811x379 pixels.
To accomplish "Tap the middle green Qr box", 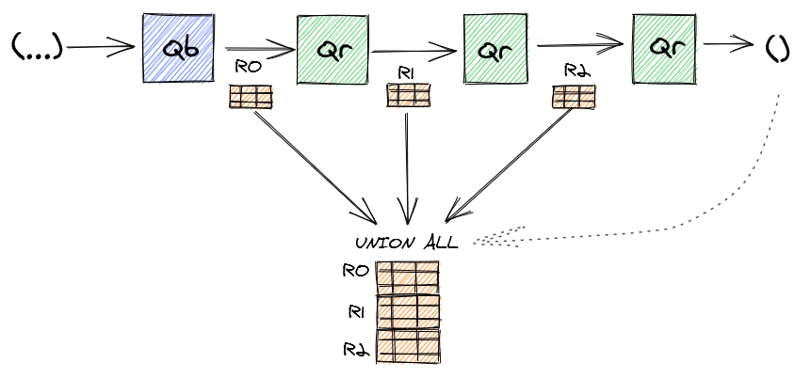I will (x=496, y=50).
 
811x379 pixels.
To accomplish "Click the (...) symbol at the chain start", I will (x=37, y=46).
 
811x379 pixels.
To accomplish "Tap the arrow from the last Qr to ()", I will (x=729, y=43).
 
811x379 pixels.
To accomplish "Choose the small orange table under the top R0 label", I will (x=251, y=96).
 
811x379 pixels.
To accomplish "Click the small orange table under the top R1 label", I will (x=409, y=95).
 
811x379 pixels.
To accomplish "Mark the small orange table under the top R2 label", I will (x=573, y=96).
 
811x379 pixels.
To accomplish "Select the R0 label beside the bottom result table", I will (x=355, y=273).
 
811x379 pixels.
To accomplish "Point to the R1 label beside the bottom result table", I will (x=356, y=309).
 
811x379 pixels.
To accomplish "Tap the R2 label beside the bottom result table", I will (x=356, y=348).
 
